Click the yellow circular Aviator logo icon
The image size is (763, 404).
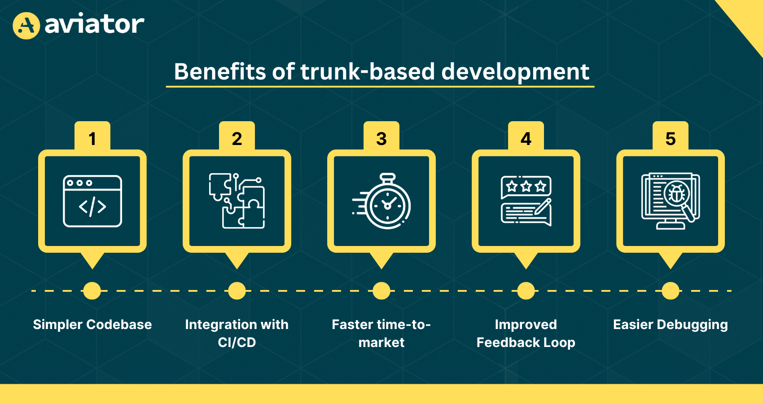click(26, 26)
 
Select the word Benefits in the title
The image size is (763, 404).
click(220, 71)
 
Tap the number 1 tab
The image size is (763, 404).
click(92, 136)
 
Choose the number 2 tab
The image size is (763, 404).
click(237, 136)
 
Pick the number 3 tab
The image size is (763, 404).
click(381, 136)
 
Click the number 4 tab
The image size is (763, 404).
click(526, 136)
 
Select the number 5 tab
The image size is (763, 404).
click(671, 136)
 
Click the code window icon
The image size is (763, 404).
click(92, 201)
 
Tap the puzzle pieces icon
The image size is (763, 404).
click(237, 201)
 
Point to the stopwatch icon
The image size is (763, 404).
click(381, 201)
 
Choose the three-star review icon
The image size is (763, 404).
click(526, 201)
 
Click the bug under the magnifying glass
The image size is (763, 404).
click(676, 193)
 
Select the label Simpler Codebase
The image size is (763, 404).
click(92, 325)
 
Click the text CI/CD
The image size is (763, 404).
click(237, 343)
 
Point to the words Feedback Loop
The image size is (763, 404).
click(526, 343)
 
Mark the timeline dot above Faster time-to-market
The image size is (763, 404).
click(381, 291)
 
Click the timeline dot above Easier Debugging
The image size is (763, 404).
click(671, 291)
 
